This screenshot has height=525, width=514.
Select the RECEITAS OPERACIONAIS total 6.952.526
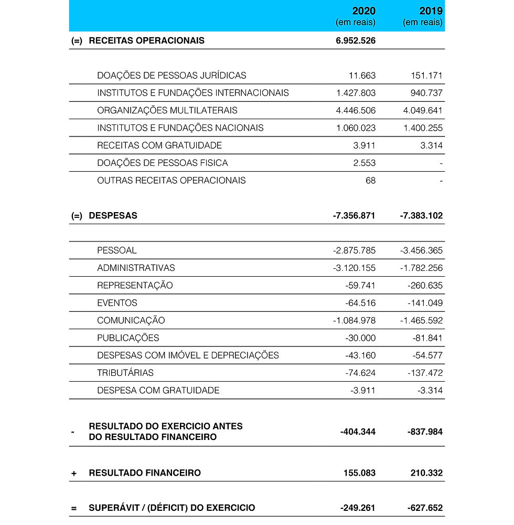point(356,40)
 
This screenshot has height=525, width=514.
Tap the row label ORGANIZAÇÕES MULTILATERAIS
point(167,110)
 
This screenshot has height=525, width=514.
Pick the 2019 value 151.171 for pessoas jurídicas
point(426,76)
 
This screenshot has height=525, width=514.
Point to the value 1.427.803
point(356,93)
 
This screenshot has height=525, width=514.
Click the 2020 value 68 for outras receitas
point(370,181)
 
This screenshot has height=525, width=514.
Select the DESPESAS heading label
point(113,216)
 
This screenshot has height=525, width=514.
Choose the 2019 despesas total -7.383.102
point(421,216)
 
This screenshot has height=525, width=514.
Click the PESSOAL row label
point(116,250)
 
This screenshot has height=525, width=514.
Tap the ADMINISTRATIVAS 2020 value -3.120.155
point(354,268)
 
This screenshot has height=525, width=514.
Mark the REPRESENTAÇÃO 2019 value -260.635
point(425,286)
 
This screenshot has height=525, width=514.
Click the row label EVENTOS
point(117,303)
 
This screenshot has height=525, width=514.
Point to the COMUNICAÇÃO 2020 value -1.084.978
point(354,321)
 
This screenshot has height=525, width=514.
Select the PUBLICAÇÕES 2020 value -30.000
point(360,338)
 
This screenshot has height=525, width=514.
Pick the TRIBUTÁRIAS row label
point(125,373)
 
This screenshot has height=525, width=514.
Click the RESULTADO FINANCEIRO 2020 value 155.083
point(359,473)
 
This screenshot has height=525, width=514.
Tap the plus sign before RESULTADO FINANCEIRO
point(74,474)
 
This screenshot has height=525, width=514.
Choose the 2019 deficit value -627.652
point(424,508)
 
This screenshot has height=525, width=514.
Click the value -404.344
point(358,432)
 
